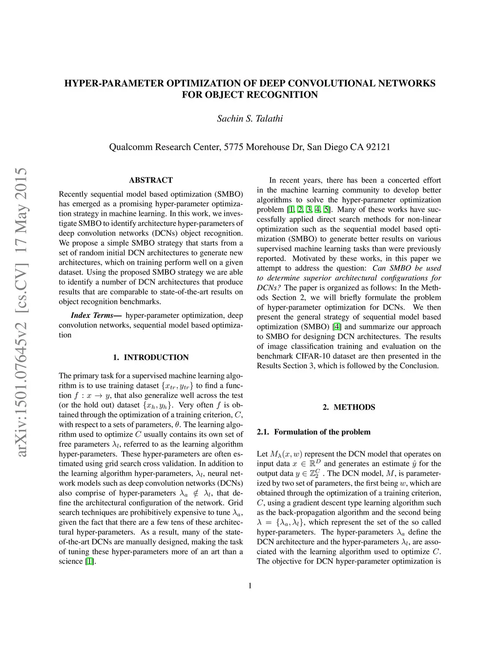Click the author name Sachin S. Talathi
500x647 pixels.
pos(250,119)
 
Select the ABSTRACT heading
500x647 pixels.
pos(150,180)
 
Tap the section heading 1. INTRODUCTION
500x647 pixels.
pos(150,357)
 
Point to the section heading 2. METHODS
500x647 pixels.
pos(349,407)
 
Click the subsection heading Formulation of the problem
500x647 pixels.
pos(322,432)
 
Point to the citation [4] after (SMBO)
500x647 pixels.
pos(336,327)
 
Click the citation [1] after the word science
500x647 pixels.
pos(89,561)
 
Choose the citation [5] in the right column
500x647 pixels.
pos(327,209)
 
